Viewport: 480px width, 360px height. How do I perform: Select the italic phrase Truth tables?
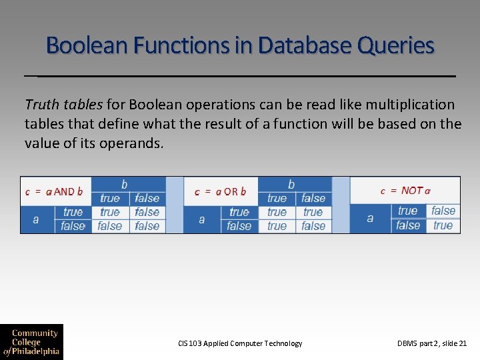(x=63, y=105)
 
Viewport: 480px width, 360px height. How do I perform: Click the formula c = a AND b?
(x=55, y=191)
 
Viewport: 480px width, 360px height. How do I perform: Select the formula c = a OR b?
(x=220, y=191)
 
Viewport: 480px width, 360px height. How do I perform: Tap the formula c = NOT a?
(x=405, y=191)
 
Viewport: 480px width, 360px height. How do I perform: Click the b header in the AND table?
(x=125, y=183)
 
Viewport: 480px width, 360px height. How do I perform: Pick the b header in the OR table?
(x=291, y=183)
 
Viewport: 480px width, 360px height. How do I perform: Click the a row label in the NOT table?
(x=370, y=218)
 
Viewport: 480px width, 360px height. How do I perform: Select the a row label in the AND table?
(x=36, y=219)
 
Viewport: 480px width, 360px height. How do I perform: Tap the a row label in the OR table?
(x=202, y=219)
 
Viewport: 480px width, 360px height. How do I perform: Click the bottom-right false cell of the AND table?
(x=147, y=226)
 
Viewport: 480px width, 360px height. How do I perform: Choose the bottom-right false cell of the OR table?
(x=313, y=226)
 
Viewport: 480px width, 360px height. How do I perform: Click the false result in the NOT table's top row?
(x=443, y=211)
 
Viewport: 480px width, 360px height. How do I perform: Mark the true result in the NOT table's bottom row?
(x=443, y=225)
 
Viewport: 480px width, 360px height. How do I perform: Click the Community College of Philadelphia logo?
(x=31, y=342)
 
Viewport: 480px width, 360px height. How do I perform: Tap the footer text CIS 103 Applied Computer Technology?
(x=240, y=343)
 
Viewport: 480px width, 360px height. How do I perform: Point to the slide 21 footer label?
(x=432, y=343)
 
